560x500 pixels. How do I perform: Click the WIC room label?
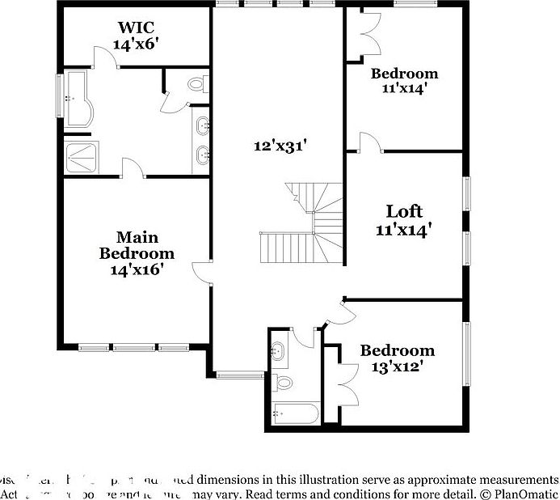point(134,28)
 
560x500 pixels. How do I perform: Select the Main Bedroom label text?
point(137,245)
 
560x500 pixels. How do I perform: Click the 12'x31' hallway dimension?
point(280,146)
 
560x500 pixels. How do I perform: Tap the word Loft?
point(404,211)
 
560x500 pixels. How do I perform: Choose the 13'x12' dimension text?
point(398,367)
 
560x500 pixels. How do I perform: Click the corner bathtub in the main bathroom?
point(78,99)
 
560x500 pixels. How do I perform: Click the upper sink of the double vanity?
point(202,125)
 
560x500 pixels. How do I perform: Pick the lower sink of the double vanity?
point(202,152)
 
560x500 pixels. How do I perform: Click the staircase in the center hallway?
point(303,227)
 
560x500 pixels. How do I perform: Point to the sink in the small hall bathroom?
point(279,351)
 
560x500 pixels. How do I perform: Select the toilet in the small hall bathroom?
point(282,382)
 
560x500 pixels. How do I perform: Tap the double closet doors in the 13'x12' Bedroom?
point(345,384)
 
